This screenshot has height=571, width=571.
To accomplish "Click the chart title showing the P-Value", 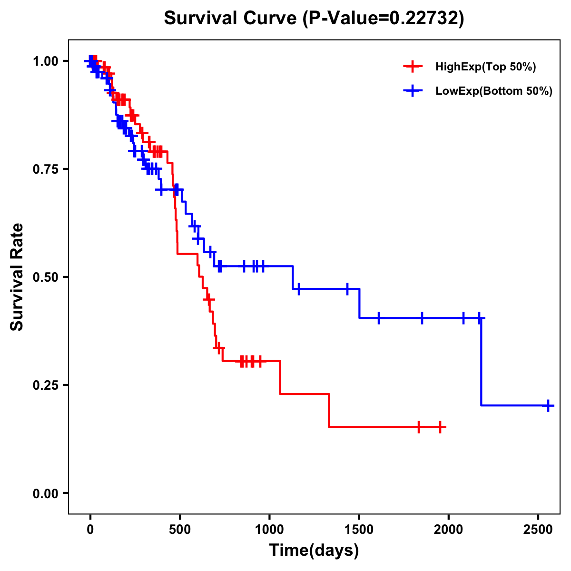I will [314, 18].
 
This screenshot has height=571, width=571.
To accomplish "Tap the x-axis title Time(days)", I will [314, 551].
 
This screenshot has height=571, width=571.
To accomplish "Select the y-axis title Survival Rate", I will [17, 276].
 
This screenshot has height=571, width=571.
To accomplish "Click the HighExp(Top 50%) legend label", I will [485, 67].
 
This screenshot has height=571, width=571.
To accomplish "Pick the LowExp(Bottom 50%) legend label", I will [494, 91].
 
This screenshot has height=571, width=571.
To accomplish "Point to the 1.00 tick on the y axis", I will [45, 61].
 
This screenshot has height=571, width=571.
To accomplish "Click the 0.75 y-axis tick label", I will [45, 169].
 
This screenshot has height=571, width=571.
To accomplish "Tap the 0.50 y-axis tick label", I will [45, 277].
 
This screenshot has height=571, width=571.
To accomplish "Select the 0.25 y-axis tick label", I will [45, 385].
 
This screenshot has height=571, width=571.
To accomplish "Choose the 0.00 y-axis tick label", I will [45, 493].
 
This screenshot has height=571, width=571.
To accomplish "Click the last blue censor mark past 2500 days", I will [548, 405].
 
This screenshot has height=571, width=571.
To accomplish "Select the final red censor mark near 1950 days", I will [440, 427].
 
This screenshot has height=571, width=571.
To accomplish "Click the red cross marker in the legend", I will [413, 67].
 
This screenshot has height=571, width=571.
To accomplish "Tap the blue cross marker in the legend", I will [413, 91].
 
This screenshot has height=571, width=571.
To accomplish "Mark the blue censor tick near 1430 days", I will [347, 289].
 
